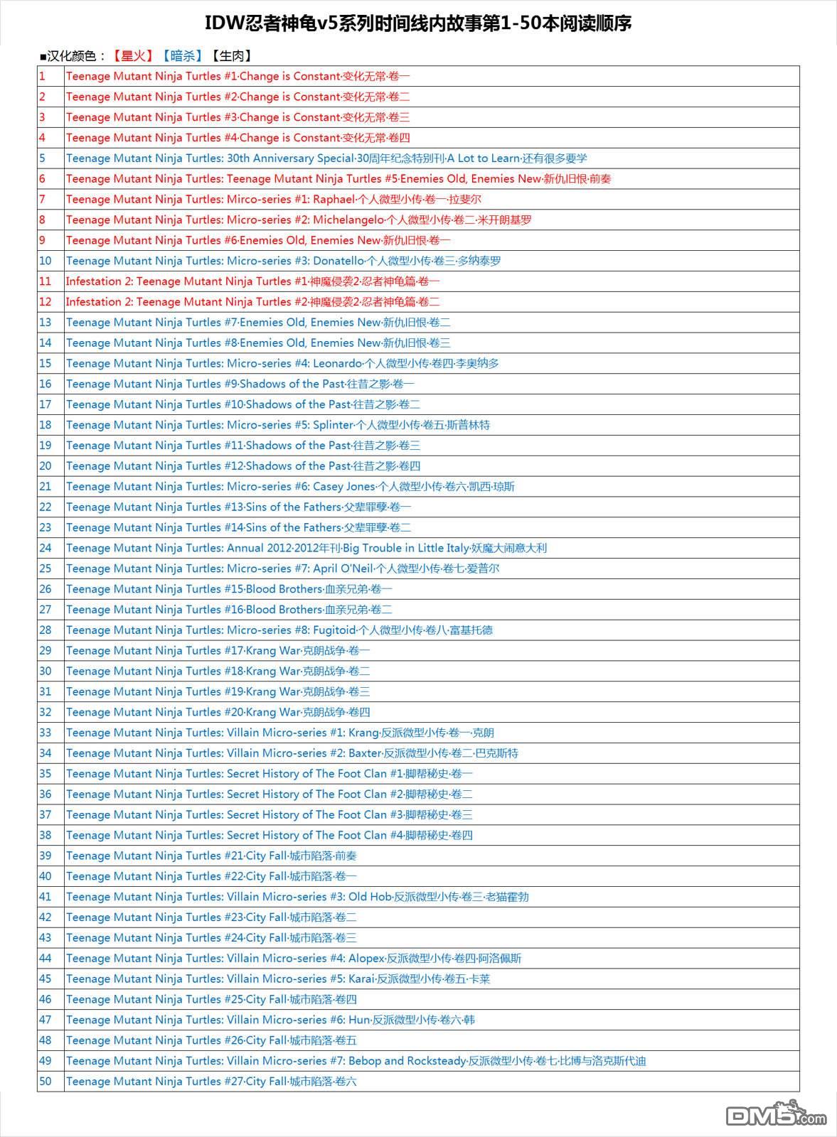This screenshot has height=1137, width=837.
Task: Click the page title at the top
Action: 418,24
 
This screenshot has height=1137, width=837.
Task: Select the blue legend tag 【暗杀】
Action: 181,55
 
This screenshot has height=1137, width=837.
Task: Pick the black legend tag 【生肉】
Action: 232,55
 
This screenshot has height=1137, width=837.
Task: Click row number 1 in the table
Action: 42,76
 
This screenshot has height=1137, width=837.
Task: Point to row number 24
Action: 46,548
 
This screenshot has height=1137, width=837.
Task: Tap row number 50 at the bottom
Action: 46,1081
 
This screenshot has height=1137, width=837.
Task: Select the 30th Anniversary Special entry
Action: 326,158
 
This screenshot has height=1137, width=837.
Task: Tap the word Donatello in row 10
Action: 338,261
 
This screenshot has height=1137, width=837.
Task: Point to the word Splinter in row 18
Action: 333,425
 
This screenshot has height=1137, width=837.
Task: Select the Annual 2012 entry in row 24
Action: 306,548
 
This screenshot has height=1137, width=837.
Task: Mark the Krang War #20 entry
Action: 218,712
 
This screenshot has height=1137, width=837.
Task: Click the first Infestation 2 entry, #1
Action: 252,281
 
